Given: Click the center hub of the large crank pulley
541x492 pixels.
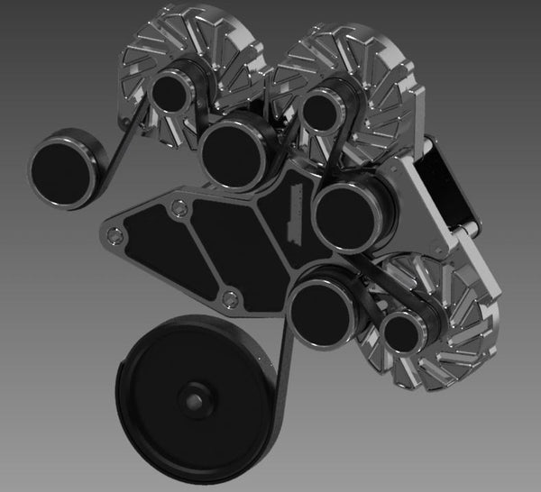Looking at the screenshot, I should [192, 397].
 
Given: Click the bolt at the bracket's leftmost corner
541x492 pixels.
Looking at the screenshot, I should [112, 235].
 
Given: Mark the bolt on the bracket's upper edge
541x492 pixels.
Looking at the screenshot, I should [178, 209].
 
